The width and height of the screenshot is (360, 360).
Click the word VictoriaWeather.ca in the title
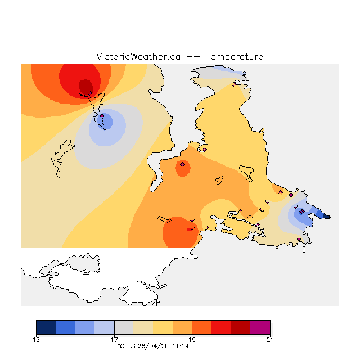coord(138,57)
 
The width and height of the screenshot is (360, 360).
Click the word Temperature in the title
coord(234,57)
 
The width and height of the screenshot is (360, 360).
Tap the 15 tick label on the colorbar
coord(37,339)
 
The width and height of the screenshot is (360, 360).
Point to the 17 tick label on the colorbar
coord(114,339)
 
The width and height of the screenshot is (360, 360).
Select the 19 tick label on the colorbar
coord(192,339)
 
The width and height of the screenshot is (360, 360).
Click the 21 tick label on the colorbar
coord(270,339)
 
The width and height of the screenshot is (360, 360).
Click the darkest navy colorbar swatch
coord(46,327)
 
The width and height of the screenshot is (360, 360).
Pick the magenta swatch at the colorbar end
coord(260,327)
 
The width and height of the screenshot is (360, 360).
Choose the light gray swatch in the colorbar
coord(124,327)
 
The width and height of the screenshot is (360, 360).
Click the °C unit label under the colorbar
coord(120,346)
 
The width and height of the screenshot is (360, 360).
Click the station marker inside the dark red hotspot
coord(89,93)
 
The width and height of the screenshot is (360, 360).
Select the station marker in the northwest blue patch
coord(102,116)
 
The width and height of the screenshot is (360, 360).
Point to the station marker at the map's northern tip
coord(234,84)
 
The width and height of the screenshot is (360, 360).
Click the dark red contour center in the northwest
coord(85,86)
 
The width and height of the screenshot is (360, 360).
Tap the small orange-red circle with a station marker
coord(182,165)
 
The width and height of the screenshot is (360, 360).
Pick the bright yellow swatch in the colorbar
coord(163,327)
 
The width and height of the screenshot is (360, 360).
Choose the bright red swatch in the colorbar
coord(221,327)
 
